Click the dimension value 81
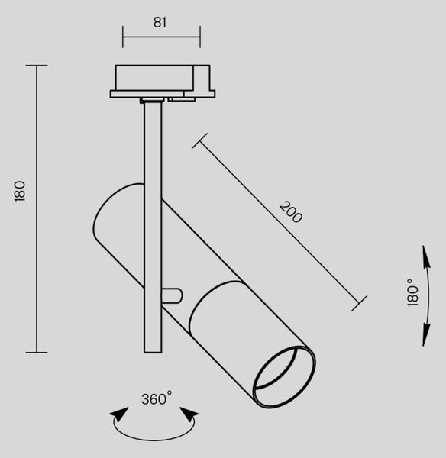[x=160, y=22]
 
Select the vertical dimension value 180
[x=20, y=191]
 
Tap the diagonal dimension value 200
[x=290, y=212]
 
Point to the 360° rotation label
[x=157, y=398]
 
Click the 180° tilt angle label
[x=413, y=292]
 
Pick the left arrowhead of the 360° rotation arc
[x=119, y=414]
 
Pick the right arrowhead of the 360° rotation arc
[x=189, y=414]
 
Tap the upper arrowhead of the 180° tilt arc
[x=426, y=258]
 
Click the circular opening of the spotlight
[x=285, y=377]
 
